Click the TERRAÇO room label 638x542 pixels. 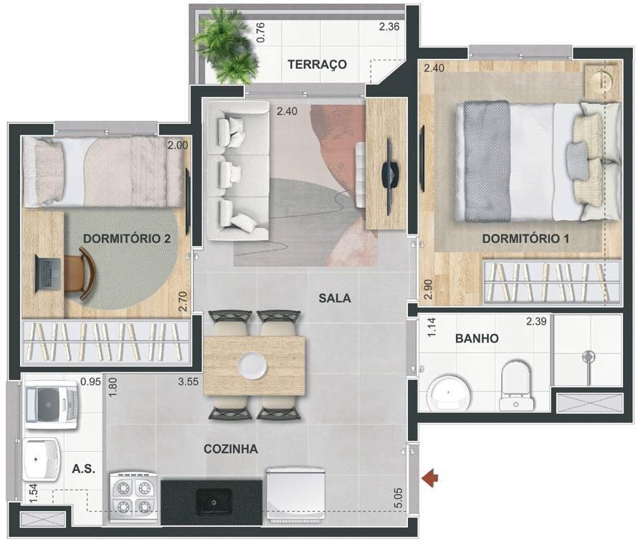click(x=317, y=65)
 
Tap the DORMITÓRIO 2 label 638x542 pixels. click(x=127, y=239)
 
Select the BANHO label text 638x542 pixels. click(x=477, y=338)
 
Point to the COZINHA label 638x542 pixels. click(x=231, y=449)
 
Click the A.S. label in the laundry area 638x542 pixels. click(x=83, y=469)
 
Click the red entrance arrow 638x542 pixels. click(x=430, y=477)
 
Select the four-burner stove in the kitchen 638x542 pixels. click(x=134, y=497)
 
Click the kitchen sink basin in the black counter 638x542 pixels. click(x=214, y=502)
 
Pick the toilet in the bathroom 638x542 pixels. click(x=516, y=386)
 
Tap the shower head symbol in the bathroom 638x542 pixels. click(x=588, y=357)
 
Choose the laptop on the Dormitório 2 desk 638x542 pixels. click(x=48, y=273)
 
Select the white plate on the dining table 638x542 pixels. click(x=253, y=365)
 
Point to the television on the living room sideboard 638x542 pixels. click(x=389, y=176)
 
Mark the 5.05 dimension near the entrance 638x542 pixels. click(x=399, y=498)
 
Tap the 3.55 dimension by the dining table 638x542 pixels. click(x=189, y=381)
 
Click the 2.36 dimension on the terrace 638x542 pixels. click(x=389, y=27)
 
